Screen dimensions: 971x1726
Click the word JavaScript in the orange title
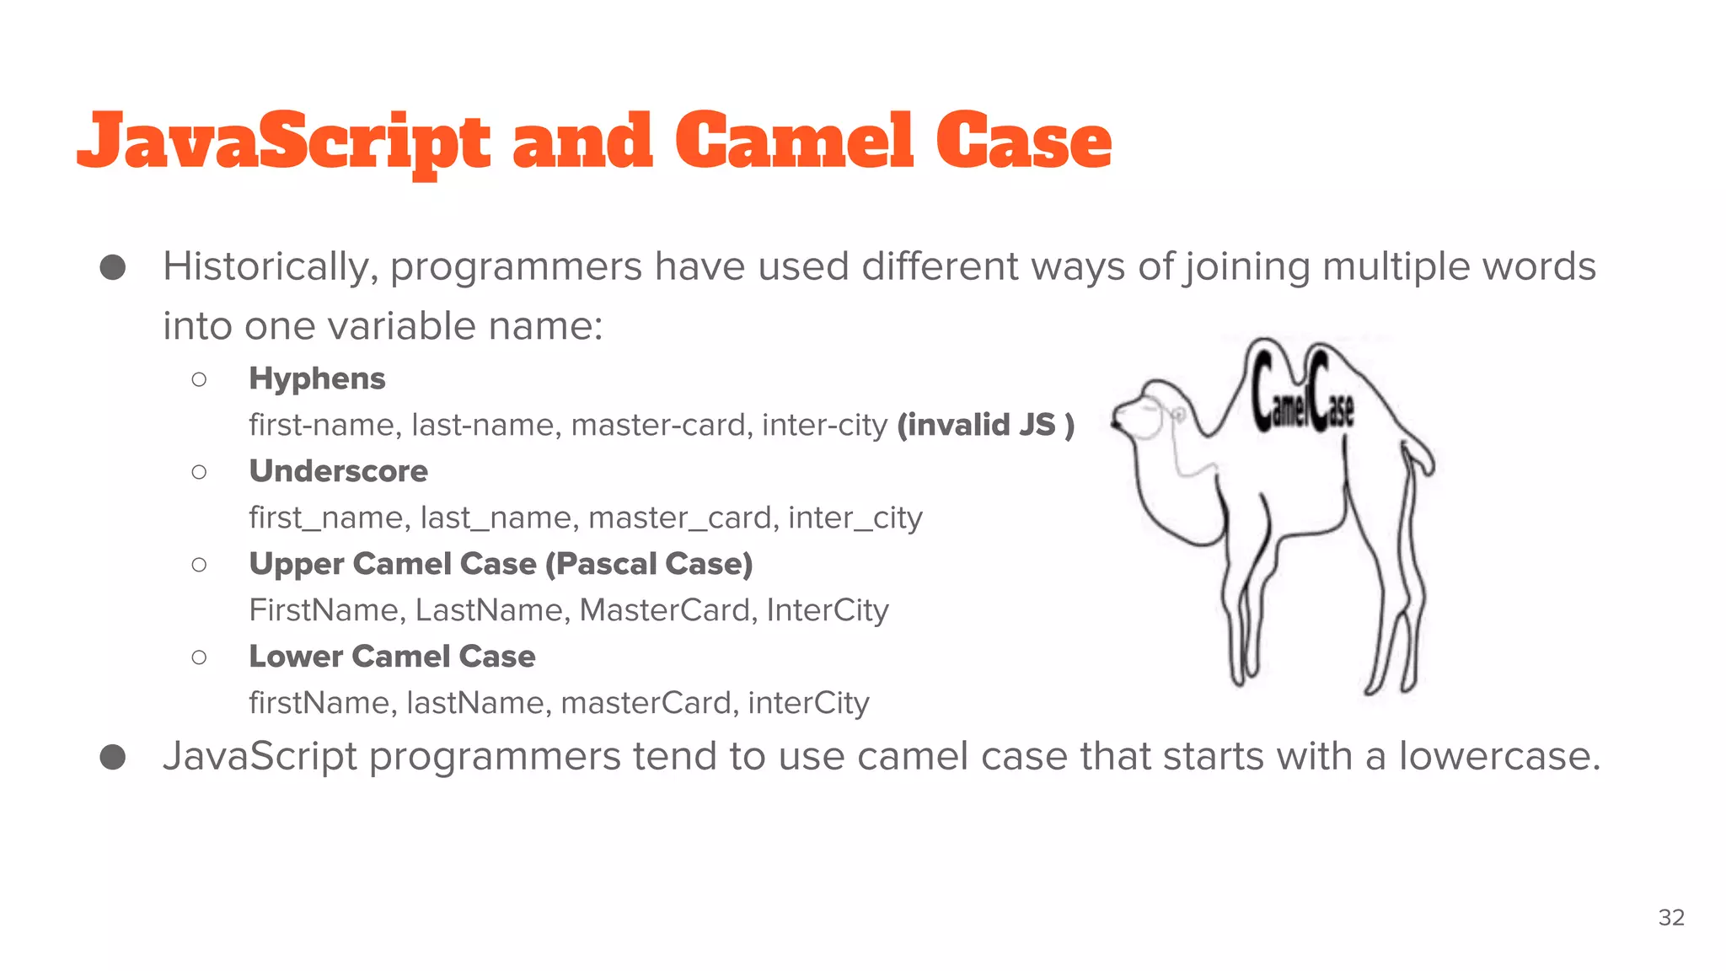point(283,142)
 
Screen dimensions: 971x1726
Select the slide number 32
point(1671,917)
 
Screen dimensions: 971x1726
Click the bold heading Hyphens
point(317,378)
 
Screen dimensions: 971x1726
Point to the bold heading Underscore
point(338,471)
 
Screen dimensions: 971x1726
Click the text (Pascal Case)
point(649,564)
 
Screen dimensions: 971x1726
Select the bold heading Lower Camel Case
point(392,657)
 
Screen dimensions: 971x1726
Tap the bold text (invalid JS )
point(985,425)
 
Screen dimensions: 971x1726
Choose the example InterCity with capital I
point(828,610)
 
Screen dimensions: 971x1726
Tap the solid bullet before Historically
point(113,268)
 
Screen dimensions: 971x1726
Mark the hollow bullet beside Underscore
point(199,472)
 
